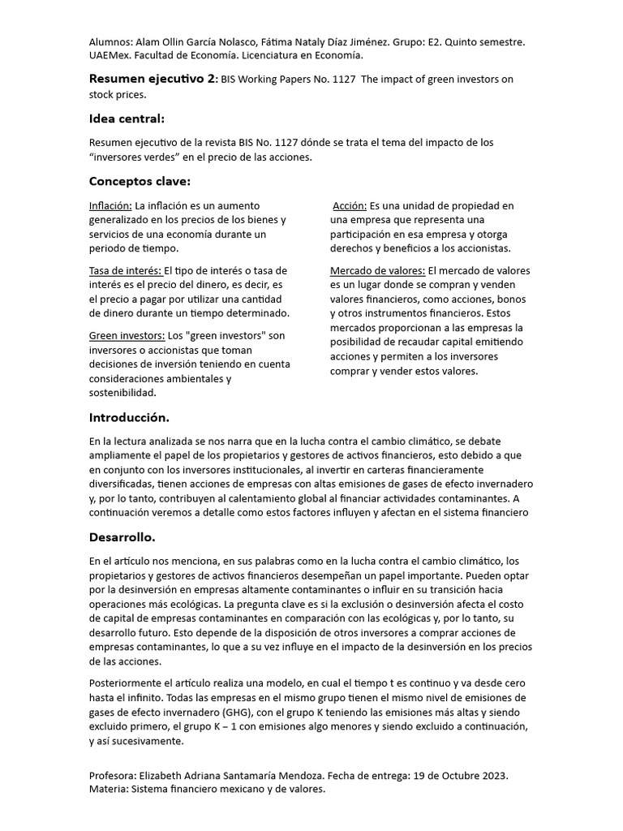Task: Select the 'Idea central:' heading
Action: pyautogui.click(x=127, y=119)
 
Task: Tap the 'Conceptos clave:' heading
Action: pyautogui.click(x=140, y=181)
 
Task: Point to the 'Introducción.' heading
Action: pyautogui.click(x=129, y=418)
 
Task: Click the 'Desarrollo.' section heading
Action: pyautogui.click(x=122, y=537)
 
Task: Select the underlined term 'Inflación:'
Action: pyautogui.click(x=110, y=206)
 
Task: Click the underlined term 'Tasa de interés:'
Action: pyautogui.click(x=126, y=270)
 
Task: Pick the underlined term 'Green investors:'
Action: pyautogui.click(x=127, y=335)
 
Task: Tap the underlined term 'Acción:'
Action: pyautogui.click(x=350, y=206)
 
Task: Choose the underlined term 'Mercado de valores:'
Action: pyautogui.click(x=377, y=270)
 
